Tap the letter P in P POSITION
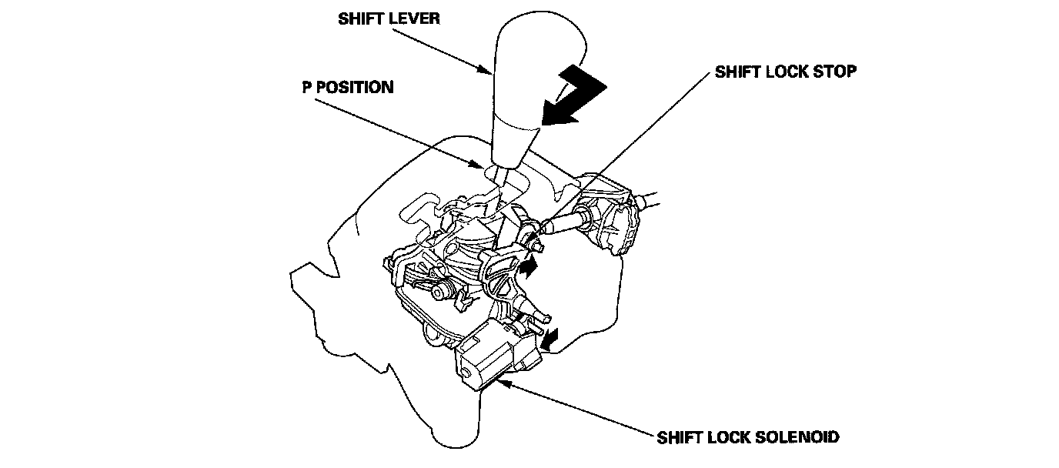click(x=306, y=87)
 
